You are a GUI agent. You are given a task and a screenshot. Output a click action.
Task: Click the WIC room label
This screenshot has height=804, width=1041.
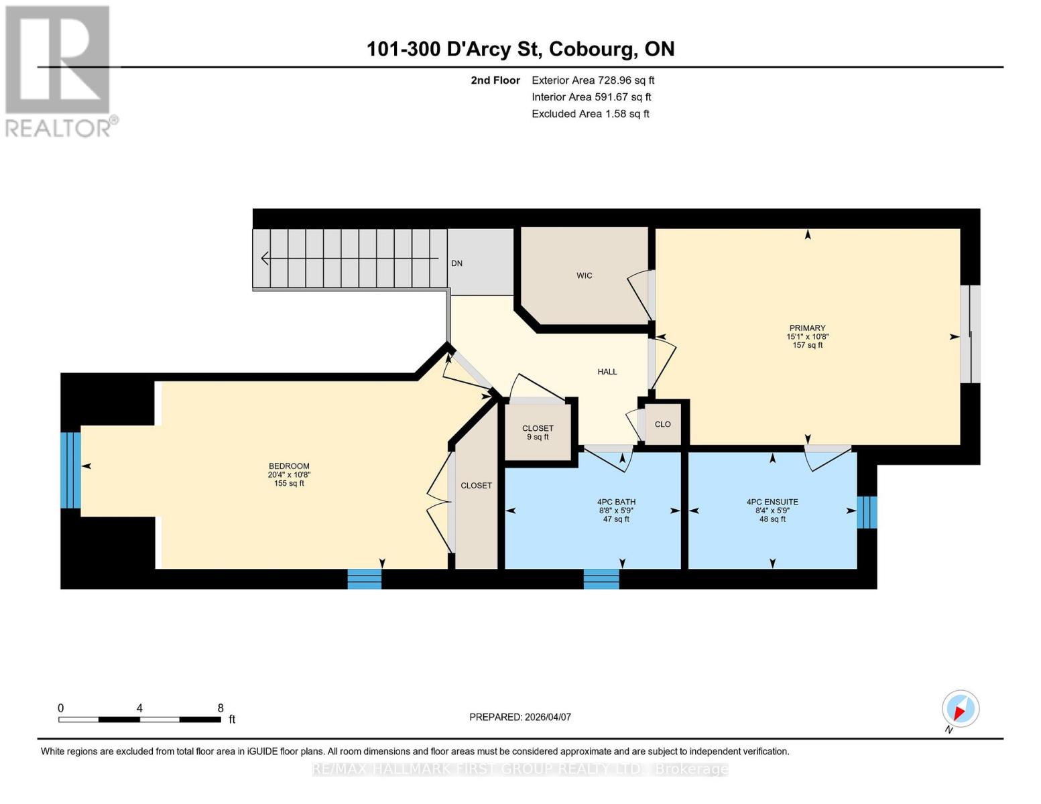(x=584, y=275)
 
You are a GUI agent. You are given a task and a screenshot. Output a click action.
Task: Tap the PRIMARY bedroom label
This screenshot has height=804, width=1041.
(x=807, y=328)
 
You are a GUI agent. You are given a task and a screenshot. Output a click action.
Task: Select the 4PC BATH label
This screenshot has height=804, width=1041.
(x=616, y=502)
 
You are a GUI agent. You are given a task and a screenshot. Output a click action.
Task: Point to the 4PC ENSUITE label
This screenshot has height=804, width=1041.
(x=772, y=502)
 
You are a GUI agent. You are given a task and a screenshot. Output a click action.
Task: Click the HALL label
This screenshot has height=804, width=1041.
(x=607, y=372)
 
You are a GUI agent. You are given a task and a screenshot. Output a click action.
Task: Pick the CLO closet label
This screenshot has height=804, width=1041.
(x=662, y=424)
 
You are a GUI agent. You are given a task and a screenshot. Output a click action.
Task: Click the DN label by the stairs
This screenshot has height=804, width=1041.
(x=456, y=263)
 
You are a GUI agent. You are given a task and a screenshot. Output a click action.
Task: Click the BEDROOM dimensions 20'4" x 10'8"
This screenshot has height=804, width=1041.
(x=289, y=475)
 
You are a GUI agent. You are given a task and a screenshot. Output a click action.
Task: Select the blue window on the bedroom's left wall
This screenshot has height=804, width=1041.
(x=70, y=470)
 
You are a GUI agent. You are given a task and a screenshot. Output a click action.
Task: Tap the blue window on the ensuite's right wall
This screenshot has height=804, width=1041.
(x=867, y=512)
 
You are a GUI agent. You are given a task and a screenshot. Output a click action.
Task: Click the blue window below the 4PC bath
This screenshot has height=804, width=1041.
(x=601, y=579)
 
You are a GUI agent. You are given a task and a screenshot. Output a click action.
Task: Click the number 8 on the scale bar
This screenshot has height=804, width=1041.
(x=221, y=708)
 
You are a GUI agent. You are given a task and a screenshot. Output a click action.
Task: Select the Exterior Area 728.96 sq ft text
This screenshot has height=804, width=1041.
(x=593, y=80)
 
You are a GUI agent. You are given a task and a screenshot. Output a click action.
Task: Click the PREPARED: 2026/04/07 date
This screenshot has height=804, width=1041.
(x=520, y=717)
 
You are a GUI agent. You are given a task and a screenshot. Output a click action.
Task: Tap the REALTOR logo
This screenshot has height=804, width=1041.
(x=58, y=71)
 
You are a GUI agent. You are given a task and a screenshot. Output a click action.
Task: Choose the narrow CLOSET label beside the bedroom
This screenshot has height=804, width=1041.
(x=476, y=486)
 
